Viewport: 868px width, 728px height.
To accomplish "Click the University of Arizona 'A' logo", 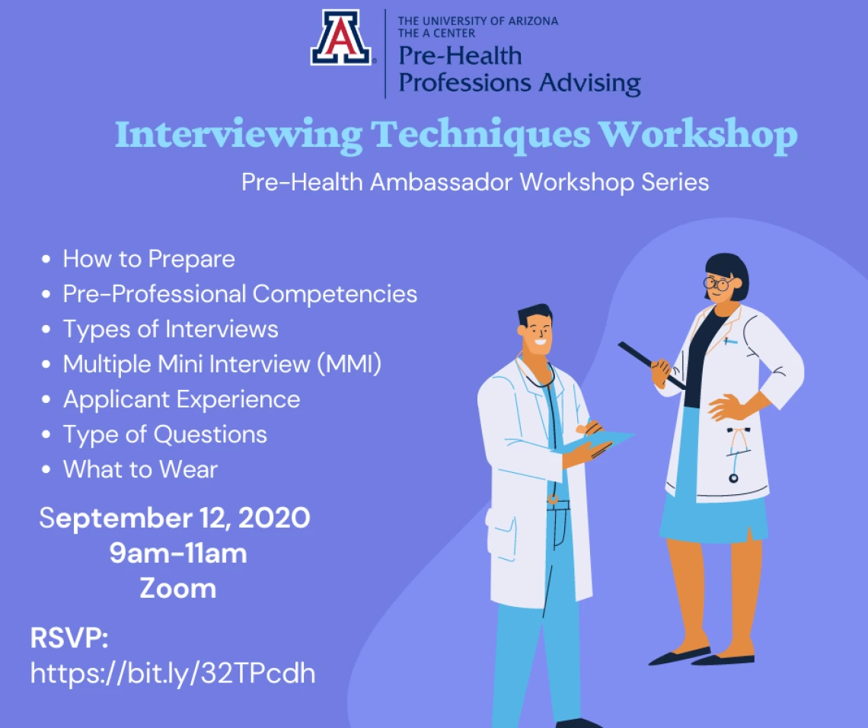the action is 341,37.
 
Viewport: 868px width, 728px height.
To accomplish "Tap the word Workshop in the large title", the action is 698,135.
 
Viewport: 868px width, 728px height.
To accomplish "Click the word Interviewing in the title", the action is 238,135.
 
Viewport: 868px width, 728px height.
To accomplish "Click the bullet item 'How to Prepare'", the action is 149,259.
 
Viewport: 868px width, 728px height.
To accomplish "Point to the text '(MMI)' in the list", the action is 349,364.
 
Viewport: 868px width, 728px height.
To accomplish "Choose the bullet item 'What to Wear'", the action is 140,469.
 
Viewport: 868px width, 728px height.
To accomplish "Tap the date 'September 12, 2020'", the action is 174,518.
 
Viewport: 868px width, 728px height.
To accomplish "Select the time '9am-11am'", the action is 177,553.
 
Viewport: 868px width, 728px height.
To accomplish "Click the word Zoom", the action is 177,588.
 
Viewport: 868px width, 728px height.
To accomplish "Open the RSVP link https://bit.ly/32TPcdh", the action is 173,674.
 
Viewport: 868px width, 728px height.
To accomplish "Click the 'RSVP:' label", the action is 69,637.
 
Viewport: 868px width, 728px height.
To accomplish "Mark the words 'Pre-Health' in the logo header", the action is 460,56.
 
